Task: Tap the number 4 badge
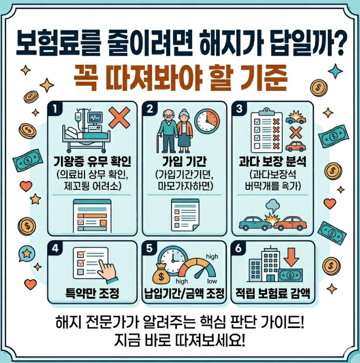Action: point(55,248)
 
